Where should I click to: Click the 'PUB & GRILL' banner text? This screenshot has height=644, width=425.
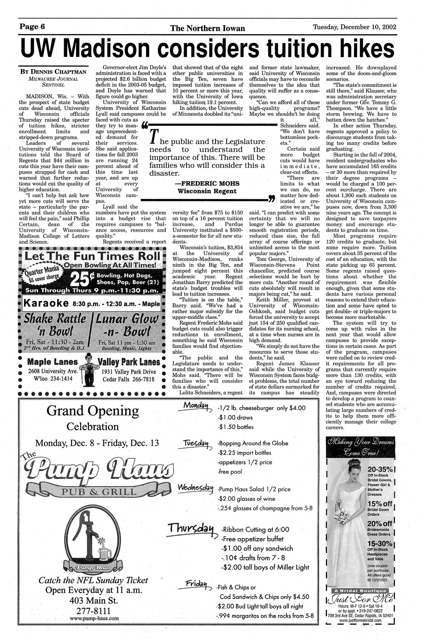pyautogui.click(x=97, y=492)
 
